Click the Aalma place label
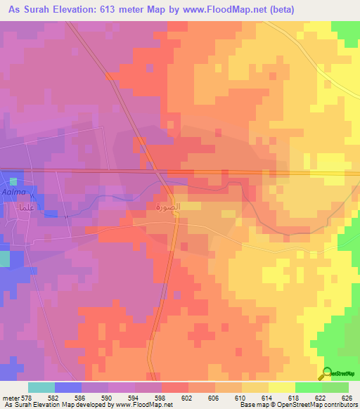point(15,192)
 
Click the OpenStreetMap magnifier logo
point(328,373)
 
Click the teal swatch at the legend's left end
point(41,387)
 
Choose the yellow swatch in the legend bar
point(281,387)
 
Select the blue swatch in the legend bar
point(68,387)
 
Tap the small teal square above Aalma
point(13,182)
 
